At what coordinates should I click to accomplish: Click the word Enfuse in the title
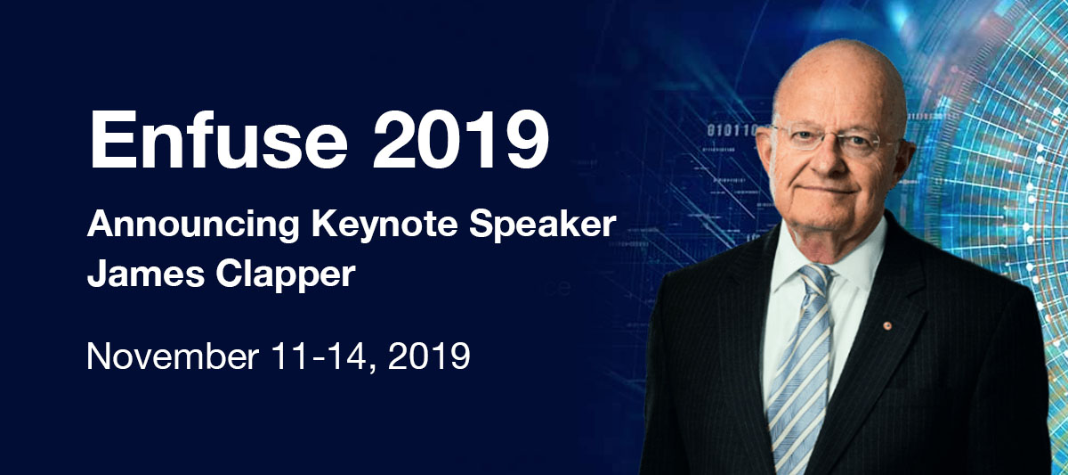coord(218,139)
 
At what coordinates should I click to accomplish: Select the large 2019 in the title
coord(461,139)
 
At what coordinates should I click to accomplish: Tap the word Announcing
coord(193,225)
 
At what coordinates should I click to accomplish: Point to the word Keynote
coord(384,225)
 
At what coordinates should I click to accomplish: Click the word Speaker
coord(543,224)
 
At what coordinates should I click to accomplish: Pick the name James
coord(146,274)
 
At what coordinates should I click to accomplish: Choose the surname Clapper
coord(286,275)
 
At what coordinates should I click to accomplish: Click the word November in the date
coord(173,356)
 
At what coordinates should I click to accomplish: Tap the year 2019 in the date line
coord(429,356)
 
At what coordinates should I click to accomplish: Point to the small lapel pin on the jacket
coord(886,325)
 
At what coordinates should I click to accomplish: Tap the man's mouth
coord(830,190)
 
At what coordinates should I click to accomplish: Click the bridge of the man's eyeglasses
coord(829,136)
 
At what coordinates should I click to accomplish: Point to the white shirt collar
coord(829,258)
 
